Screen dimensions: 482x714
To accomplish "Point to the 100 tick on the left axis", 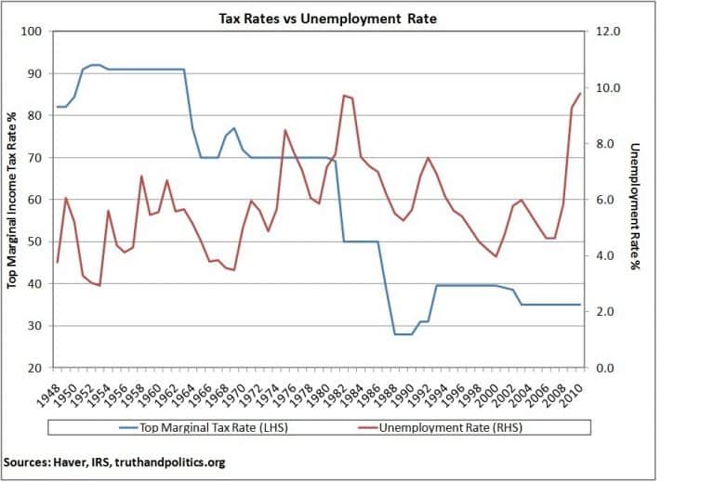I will [x=34, y=32].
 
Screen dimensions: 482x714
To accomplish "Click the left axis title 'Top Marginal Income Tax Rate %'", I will [x=13, y=200].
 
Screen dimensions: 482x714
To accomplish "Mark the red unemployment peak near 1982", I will [x=344, y=95].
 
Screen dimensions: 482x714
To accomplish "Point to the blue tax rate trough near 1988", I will [x=402, y=334].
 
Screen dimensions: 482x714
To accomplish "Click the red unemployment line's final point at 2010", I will [x=580, y=93].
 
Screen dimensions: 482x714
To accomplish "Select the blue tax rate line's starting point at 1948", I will [x=58, y=107].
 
